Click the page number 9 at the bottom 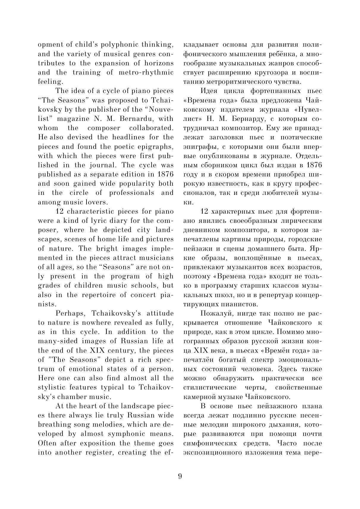pyautogui.click(x=180, y=476)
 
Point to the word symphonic pyautogui.click(x=126, y=434)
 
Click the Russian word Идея pyautogui.click(x=210, y=91)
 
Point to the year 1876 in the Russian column pyautogui.click(x=314, y=165)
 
